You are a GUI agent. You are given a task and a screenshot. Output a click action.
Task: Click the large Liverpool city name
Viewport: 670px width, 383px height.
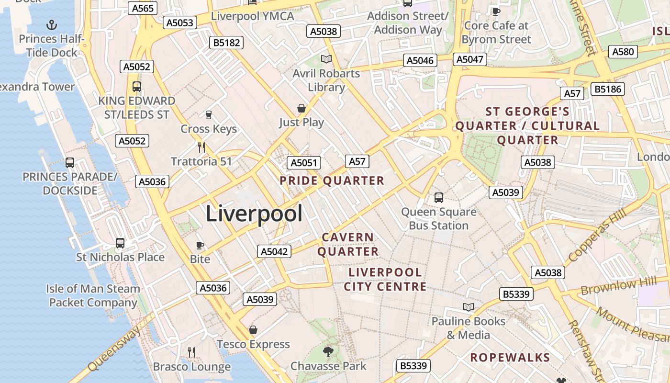click(x=254, y=214)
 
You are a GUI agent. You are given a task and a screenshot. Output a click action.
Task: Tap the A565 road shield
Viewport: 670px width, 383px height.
click(x=142, y=8)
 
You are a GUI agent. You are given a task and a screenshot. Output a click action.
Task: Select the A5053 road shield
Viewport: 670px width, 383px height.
click(x=180, y=23)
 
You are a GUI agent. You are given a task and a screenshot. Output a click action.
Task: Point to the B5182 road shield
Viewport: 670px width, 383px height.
click(x=226, y=43)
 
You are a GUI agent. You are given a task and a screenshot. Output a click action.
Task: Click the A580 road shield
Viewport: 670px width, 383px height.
click(x=623, y=52)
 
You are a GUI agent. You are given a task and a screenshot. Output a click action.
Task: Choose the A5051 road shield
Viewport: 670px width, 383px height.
click(x=304, y=163)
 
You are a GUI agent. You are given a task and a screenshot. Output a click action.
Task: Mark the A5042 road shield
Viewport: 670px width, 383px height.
click(x=274, y=251)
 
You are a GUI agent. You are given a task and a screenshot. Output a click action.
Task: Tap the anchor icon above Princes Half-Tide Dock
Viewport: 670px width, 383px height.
click(x=51, y=25)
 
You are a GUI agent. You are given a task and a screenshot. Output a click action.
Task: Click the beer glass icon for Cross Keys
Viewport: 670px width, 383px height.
click(x=208, y=115)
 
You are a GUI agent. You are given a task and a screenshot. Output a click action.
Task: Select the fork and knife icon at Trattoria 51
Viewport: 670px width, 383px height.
click(x=201, y=147)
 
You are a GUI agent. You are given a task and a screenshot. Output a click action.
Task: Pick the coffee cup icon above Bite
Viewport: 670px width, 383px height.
click(x=200, y=246)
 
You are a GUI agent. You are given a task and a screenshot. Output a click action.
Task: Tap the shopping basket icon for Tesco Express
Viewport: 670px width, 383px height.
click(x=253, y=330)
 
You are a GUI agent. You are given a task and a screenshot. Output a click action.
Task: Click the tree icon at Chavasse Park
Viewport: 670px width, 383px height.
click(x=328, y=352)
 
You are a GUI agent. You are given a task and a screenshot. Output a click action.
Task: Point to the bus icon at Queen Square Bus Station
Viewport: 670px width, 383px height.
click(x=438, y=197)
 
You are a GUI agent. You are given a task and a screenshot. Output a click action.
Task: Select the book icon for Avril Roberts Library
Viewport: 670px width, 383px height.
click(x=326, y=59)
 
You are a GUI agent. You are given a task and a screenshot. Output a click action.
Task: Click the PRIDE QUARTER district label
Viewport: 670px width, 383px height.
click(x=332, y=180)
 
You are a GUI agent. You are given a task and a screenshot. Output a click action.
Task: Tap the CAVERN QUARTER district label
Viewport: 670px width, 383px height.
click(x=348, y=244)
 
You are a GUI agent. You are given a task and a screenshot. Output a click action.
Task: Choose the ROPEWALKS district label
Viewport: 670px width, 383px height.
click(x=510, y=357)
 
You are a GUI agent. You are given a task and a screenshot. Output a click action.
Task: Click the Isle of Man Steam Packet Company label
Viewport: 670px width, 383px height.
click(x=93, y=295)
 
